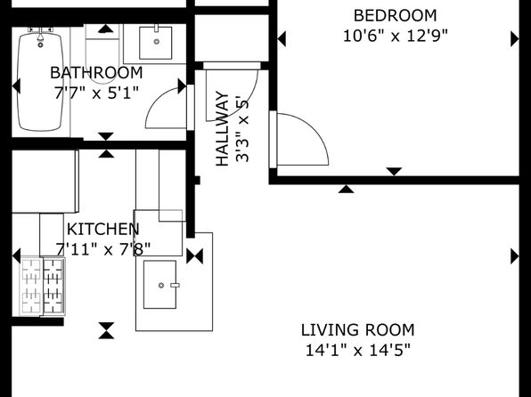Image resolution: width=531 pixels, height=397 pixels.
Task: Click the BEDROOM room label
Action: [396, 16]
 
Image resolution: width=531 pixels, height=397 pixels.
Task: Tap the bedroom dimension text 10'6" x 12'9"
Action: [396, 36]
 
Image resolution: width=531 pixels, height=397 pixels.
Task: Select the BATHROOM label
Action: [96, 73]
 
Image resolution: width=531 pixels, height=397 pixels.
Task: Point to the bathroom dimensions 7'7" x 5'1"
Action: [96, 93]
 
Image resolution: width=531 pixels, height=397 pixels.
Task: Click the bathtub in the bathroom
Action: [41, 81]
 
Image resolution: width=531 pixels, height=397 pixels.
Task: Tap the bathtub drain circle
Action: [41, 45]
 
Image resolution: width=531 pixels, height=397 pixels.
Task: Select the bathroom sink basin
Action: [156, 43]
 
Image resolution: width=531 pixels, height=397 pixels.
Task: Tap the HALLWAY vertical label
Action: [223, 128]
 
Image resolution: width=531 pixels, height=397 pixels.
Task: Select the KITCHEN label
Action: [103, 230]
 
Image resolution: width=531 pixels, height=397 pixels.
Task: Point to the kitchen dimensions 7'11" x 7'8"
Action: [103, 250]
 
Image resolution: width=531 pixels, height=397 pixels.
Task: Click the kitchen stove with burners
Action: [43, 287]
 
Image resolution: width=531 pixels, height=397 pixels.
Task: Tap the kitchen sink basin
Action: [159, 284]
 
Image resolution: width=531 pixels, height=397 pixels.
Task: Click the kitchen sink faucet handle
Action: [175, 286]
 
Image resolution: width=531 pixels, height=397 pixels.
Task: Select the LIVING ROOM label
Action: [358, 330]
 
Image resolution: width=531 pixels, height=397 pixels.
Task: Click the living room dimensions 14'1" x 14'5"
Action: [358, 351]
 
